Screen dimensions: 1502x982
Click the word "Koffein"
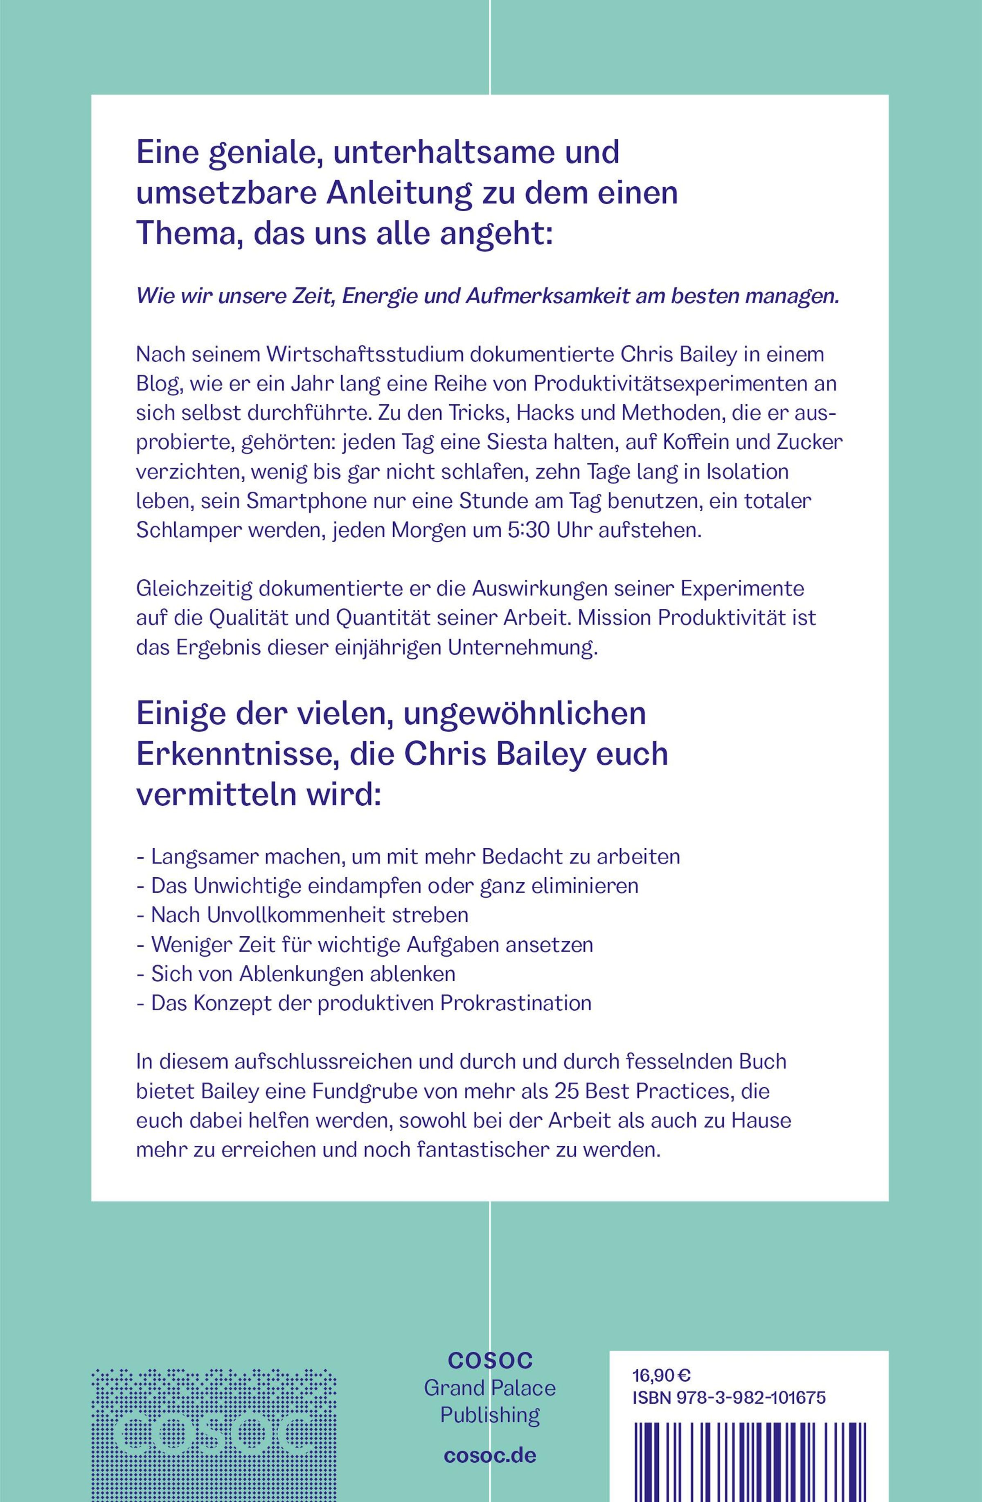(x=698, y=443)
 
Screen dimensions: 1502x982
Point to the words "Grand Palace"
(x=490, y=1389)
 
